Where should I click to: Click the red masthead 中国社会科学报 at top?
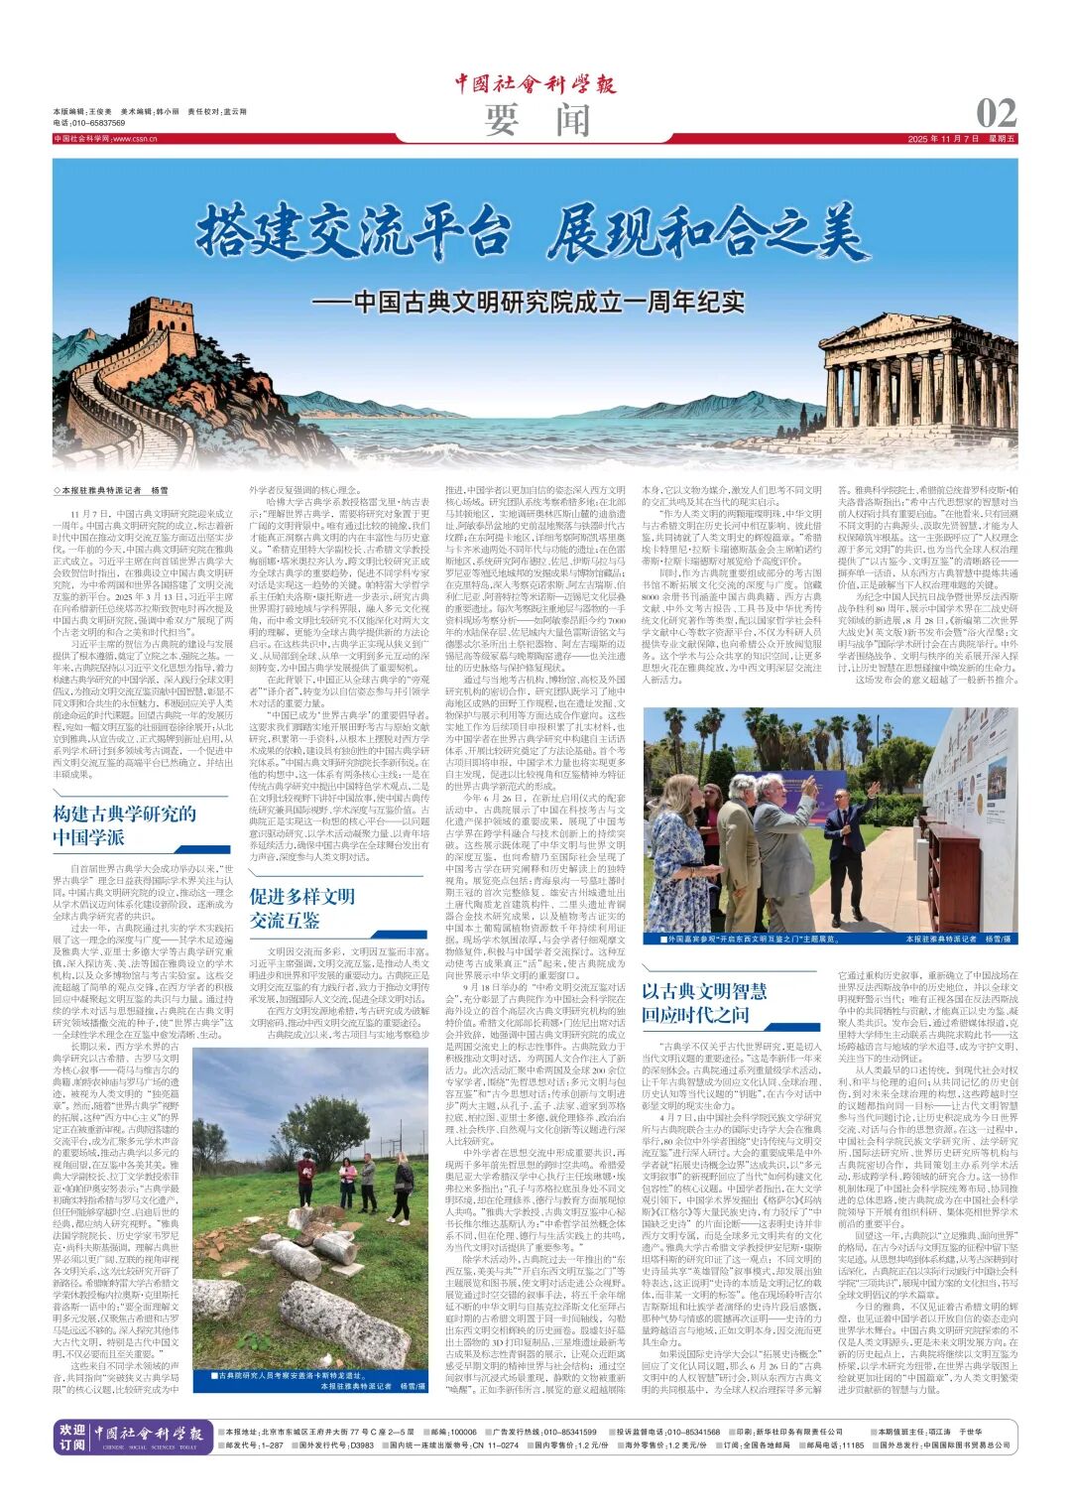click(535, 83)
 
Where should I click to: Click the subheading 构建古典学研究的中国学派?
click(125, 825)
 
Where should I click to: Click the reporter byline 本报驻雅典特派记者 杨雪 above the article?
click(112, 491)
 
